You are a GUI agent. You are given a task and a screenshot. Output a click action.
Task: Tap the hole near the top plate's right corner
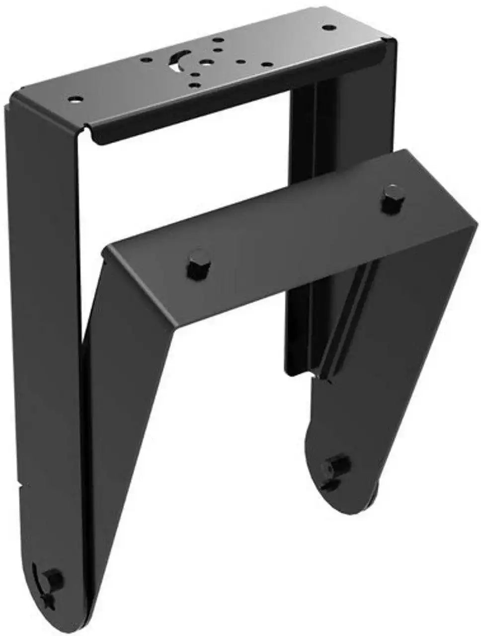click(x=326, y=28)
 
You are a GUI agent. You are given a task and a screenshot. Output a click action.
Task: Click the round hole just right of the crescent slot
click(x=203, y=64)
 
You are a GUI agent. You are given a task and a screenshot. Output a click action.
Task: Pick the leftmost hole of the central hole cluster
click(x=146, y=60)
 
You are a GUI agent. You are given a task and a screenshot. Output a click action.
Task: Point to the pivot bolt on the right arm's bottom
click(x=338, y=466)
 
